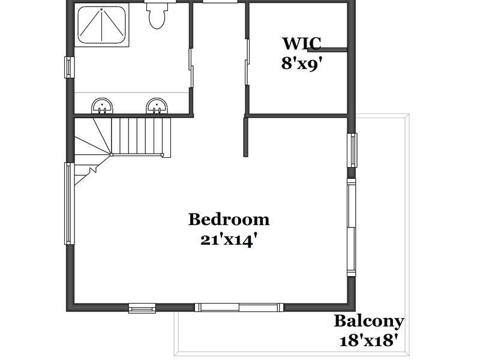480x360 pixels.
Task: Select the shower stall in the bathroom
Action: [x=101, y=25]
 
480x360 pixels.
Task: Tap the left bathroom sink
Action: [x=102, y=106]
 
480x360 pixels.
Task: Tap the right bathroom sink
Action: [x=157, y=106]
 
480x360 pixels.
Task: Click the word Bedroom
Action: [x=229, y=219]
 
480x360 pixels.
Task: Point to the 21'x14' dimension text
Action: [x=228, y=241]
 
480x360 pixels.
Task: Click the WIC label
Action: [x=302, y=43]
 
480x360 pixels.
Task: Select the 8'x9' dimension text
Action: [x=302, y=64]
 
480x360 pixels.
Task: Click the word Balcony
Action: [x=369, y=322]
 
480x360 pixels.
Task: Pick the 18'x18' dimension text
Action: [x=369, y=340]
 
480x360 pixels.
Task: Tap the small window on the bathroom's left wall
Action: [x=69, y=67]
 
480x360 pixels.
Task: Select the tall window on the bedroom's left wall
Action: [x=69, y=204]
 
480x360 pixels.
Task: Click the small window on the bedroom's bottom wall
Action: [x=142, y=308]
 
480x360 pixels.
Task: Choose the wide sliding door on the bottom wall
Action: [x=239, y=307]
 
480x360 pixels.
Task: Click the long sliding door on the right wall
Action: [x=351, y=227]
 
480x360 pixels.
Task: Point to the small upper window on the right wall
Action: [x=352, y=151]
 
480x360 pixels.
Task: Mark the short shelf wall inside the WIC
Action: [x=327, y=50]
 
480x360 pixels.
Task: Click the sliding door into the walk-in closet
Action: [x=247, y=62]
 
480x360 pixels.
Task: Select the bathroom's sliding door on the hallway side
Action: [x=191, y=68]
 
